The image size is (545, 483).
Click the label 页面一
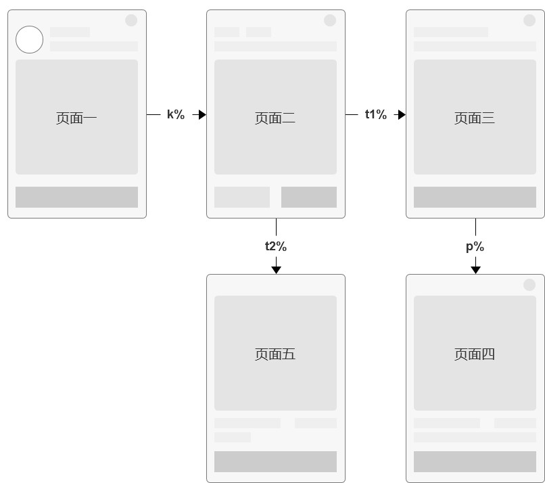tap(76, 118)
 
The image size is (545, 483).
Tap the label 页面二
tap(275, 118)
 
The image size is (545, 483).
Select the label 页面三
tap(475, 118)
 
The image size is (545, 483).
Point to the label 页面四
tap(475, 354)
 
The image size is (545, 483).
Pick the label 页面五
tap(275, 354)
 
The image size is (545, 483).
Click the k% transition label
tap(176, 114)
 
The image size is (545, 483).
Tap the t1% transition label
tap(376, 114)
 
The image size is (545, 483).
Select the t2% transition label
tap(276, 246)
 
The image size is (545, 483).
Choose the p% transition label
tap(475, 247)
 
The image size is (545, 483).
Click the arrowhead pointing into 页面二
tap(202, 114)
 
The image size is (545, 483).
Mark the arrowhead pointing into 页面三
tap(402, 114)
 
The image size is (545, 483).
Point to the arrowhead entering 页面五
tap(277, 270)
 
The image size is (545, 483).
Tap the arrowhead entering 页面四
tap(475, 270)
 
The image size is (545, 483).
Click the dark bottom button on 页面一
tap(76, 197)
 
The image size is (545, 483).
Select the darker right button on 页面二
tap(309, 197)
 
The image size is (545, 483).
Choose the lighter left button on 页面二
tap(242, 197)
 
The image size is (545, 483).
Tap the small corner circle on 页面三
tap(529, 20)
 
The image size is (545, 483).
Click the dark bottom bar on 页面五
tap(275, 461)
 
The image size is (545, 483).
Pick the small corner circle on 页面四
tap(529, 285)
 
